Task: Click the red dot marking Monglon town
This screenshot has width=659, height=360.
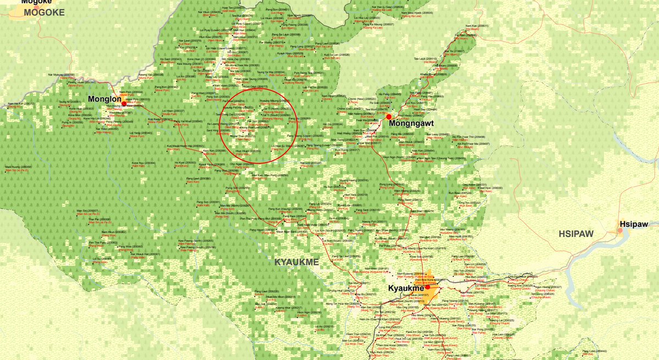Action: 124,103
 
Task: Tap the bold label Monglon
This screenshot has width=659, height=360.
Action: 105,99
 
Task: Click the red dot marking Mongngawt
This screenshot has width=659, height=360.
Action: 389,117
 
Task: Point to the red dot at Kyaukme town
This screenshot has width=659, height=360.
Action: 428,287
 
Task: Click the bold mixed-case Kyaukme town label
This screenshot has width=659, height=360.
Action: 406,289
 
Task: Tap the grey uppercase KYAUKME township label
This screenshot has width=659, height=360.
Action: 297,263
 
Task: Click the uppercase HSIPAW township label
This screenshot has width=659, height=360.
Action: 576,234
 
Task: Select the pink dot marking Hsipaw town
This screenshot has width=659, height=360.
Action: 619,231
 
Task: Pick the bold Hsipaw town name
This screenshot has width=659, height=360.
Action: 634,224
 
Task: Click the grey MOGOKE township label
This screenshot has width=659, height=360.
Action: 44,12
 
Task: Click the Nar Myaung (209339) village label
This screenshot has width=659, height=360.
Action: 61,75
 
